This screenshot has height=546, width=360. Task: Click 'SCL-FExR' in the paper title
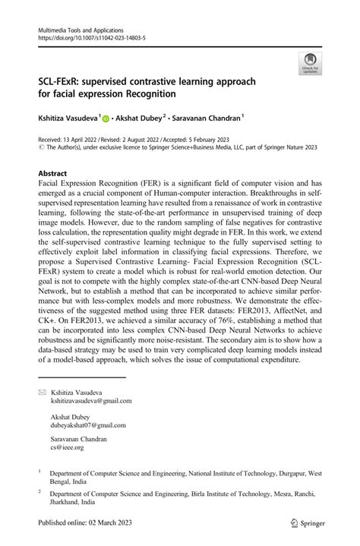tap(61, 80)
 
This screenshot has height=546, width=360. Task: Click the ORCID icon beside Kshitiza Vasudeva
tap(105, 118)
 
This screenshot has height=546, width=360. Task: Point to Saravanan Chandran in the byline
tap(210, 118)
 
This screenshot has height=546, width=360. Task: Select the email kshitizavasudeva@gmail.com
tap(91, 400)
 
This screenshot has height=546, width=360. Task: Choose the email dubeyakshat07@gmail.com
tap(89, 425)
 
